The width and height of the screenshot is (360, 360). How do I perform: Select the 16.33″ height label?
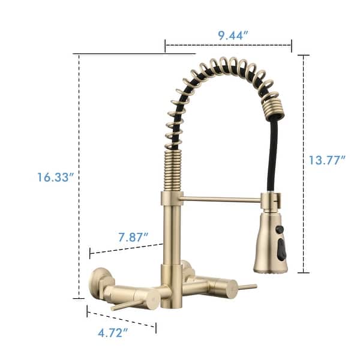pyautogui.click(x=54, y=177)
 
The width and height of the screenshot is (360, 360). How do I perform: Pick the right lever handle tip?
pyautogui.click(x=252, y=286)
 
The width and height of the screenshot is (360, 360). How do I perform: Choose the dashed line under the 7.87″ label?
pyautogui.click(x=126, y=248)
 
